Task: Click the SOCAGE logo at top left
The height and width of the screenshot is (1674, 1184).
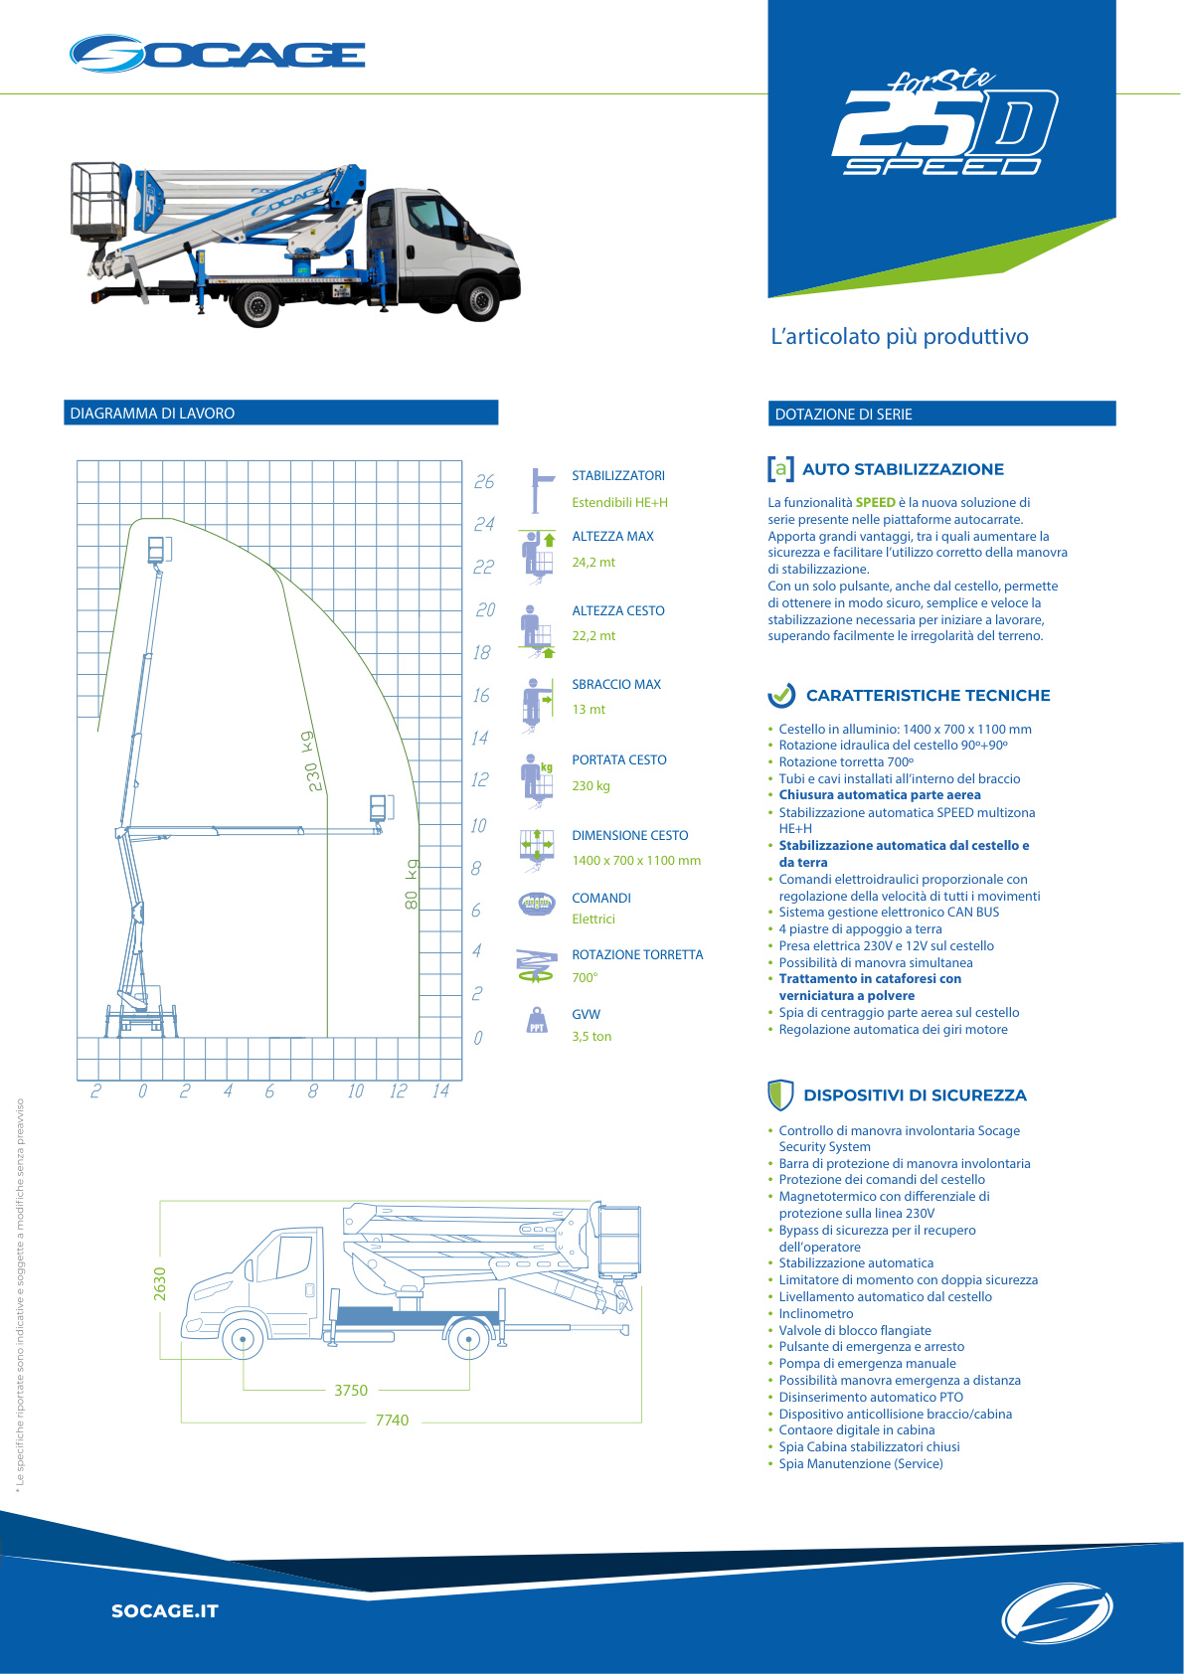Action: click(x=217, y=54)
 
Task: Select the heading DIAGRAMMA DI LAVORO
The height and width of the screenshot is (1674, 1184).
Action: click(x=152, y=414)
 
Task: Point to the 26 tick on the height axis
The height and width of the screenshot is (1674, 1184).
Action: click(x=484, y=482)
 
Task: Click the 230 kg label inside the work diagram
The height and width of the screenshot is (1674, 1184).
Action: click(x=312, y=761)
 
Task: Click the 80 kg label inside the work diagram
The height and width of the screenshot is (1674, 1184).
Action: click(x=412, y=885)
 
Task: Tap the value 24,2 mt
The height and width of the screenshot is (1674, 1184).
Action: click(x=593, y=563)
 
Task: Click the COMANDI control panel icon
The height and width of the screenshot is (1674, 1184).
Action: click(x=537, y=904)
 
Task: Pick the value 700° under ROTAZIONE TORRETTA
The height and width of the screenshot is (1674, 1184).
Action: click(x=585, y=978)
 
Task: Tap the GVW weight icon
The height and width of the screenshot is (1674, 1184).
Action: click(x=537, y=1021)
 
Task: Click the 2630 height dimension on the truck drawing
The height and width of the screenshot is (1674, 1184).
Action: click(x=160, y=1283)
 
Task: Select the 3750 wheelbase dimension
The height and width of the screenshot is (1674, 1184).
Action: click(x=351, y=1391)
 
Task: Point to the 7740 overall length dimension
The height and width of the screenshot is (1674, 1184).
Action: click(x=392, y=1421)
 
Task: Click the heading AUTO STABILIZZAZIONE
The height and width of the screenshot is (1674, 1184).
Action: click(x=903, y=469)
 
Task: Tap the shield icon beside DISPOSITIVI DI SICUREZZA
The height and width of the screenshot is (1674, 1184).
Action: click(x=780, y=1094)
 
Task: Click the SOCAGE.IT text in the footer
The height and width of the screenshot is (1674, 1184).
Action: click(x=165, y=1611)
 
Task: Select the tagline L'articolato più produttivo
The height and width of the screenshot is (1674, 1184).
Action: click(x=900, y=337)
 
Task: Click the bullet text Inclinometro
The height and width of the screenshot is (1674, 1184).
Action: click(x=815, y=1314)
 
